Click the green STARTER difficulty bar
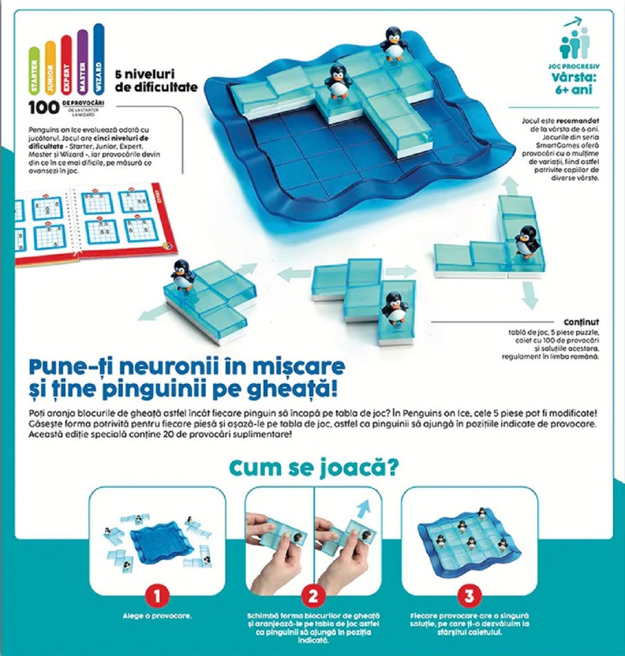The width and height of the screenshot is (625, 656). click(x=34, y=71)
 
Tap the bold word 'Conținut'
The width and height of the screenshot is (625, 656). click(x=581, y=322)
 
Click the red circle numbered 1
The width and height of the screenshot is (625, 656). click(x=157, y=596)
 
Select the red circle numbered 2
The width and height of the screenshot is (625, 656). click(x=313, y=596)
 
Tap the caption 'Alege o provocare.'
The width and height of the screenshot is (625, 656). click(x=157, y=616)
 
